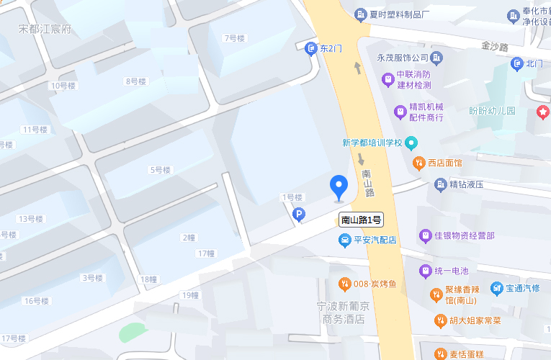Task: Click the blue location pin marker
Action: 339,186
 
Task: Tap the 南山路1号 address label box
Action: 361,220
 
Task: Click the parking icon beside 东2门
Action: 311,48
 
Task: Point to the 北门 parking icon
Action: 517,64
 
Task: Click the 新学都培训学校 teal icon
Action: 411,143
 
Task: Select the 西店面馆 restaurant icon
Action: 418,163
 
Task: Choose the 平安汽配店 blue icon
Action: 346,240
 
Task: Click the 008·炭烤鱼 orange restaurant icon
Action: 345,284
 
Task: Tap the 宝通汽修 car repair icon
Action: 496,288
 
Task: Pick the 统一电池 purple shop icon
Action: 425,271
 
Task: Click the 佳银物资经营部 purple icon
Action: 426,235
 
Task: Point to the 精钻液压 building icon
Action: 441,184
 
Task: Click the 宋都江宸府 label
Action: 45,29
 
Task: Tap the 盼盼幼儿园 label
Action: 493,111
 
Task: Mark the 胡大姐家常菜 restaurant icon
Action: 440,320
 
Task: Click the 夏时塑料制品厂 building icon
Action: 360,14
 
